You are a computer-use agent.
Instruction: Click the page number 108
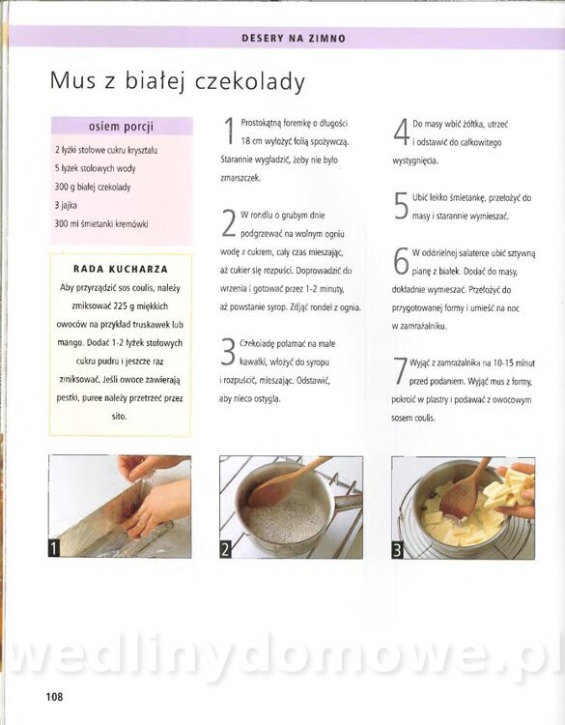[x=54, y=696]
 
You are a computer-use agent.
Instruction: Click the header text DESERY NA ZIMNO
[x=294, y=39]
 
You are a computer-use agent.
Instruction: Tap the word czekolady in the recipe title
[x=250, y=82]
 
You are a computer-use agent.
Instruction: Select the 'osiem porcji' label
[x=121, y=127]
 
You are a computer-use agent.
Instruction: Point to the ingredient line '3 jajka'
[x=66, y=205]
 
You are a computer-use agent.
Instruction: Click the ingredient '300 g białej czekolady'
[x=93, y=187]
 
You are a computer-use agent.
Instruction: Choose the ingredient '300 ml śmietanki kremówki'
[x=101, y=224]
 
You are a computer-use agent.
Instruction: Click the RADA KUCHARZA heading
[x=121, y=269]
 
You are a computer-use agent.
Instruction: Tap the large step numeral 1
[x=229, y=130]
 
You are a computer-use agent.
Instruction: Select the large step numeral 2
[x=229, y=223]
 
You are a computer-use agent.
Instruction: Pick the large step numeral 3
[x=228, y=352]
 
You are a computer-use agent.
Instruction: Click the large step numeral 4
[x=402, y=131]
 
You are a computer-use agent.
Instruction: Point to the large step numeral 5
[x=401, y=206]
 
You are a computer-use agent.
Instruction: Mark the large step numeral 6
[x=401, y=260]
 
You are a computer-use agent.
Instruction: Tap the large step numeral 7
[x=400, y=371]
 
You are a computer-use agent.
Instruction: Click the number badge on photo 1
[x=54, y=548]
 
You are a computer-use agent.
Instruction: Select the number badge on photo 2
[x=225, y=549]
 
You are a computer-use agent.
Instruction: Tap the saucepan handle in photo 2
[x=348, y=502]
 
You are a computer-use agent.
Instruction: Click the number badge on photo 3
[x=397, y=550]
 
